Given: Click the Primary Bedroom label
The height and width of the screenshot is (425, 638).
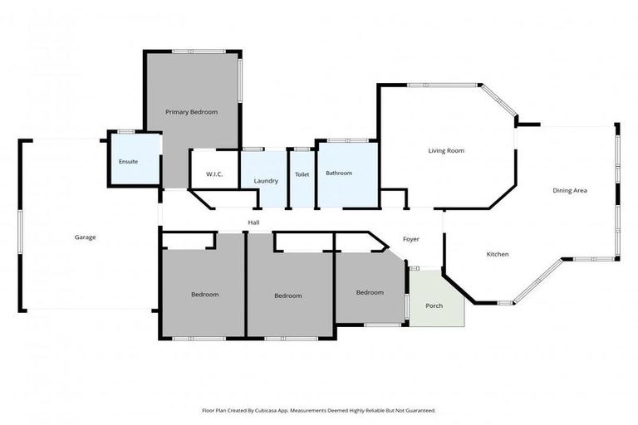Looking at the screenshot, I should [x=191, y=111].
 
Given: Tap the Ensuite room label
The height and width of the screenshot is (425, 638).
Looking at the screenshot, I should [x=128, y=161].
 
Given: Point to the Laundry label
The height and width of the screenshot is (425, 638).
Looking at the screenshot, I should [x=266, y=180].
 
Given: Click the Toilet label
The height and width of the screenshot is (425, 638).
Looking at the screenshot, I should [x=302, y=174].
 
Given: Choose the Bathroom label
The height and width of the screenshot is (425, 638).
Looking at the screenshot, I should [x=339, y=173].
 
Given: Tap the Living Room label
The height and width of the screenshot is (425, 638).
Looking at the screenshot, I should [x=445, y=151].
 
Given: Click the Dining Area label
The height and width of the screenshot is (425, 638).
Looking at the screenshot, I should [x=570, y=191].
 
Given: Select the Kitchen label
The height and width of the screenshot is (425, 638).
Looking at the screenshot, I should [x=497, y=254].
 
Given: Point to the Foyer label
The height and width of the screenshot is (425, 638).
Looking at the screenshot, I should [x=411, y=239].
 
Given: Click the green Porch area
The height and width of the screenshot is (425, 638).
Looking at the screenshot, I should [x=434, y=305].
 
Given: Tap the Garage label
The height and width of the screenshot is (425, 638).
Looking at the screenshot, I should [x=85, y=237].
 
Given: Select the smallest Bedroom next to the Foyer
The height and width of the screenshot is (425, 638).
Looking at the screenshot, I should [x=370, y=292].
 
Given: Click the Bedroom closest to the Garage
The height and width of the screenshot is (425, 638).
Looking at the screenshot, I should [x=204, y=295].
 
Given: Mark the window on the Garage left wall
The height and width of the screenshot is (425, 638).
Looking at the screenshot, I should [x=20, y=237].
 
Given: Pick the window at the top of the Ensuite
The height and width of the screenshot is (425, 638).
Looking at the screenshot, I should [x=126, y=131].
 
